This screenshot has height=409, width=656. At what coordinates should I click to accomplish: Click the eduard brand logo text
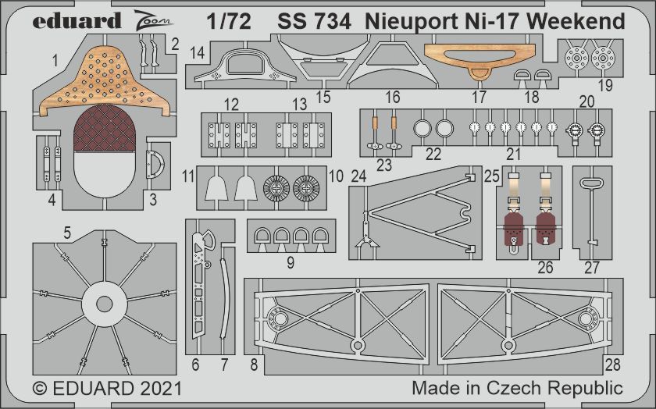(x=77, y=20)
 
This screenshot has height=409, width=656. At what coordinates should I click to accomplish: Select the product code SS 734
(x=314, y=21)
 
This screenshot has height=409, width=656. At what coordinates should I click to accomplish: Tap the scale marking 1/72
(x=228, y=21)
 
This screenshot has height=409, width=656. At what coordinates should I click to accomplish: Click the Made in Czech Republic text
(x=518, y=388)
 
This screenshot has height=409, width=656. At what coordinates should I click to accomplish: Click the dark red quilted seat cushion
(x=105, y=128)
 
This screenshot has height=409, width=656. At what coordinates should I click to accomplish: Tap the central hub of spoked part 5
(x=104, y=304)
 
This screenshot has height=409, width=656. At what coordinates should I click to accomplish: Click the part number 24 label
(x=358, y=176)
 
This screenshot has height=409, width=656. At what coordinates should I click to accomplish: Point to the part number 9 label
(x=291, y=262)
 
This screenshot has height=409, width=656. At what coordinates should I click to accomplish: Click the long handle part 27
(x=590, y=212)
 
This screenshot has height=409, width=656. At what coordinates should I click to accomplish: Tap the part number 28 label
(x=612, y=365)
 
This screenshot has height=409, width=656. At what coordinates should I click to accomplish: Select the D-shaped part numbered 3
(x=155, y=165)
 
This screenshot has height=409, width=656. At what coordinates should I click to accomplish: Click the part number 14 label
(x=197, y=54)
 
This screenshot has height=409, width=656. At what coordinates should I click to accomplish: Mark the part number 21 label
(x=513, y=154)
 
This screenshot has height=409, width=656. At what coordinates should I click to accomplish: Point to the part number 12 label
(x=231, y=104)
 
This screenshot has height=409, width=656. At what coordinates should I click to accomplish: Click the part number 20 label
(x=586, y=101)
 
